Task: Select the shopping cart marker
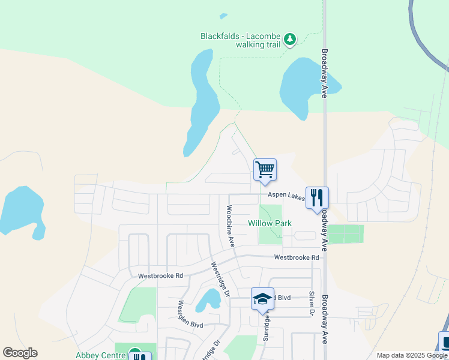[x=265, y=170]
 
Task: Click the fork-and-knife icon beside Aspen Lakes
[x=317, y=197]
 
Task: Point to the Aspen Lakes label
[x=286, y=195]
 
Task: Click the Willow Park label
[x=270, y=223]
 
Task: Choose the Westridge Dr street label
[x=219, y=280]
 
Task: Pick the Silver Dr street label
[x=312, y=303]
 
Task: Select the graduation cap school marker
[x=262, y=298]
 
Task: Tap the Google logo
[x=20, y=353]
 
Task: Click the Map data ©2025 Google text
[x=412, y=355]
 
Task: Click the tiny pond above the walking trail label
[x=223, y=16]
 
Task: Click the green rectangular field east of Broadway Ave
[x=345, y=234]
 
